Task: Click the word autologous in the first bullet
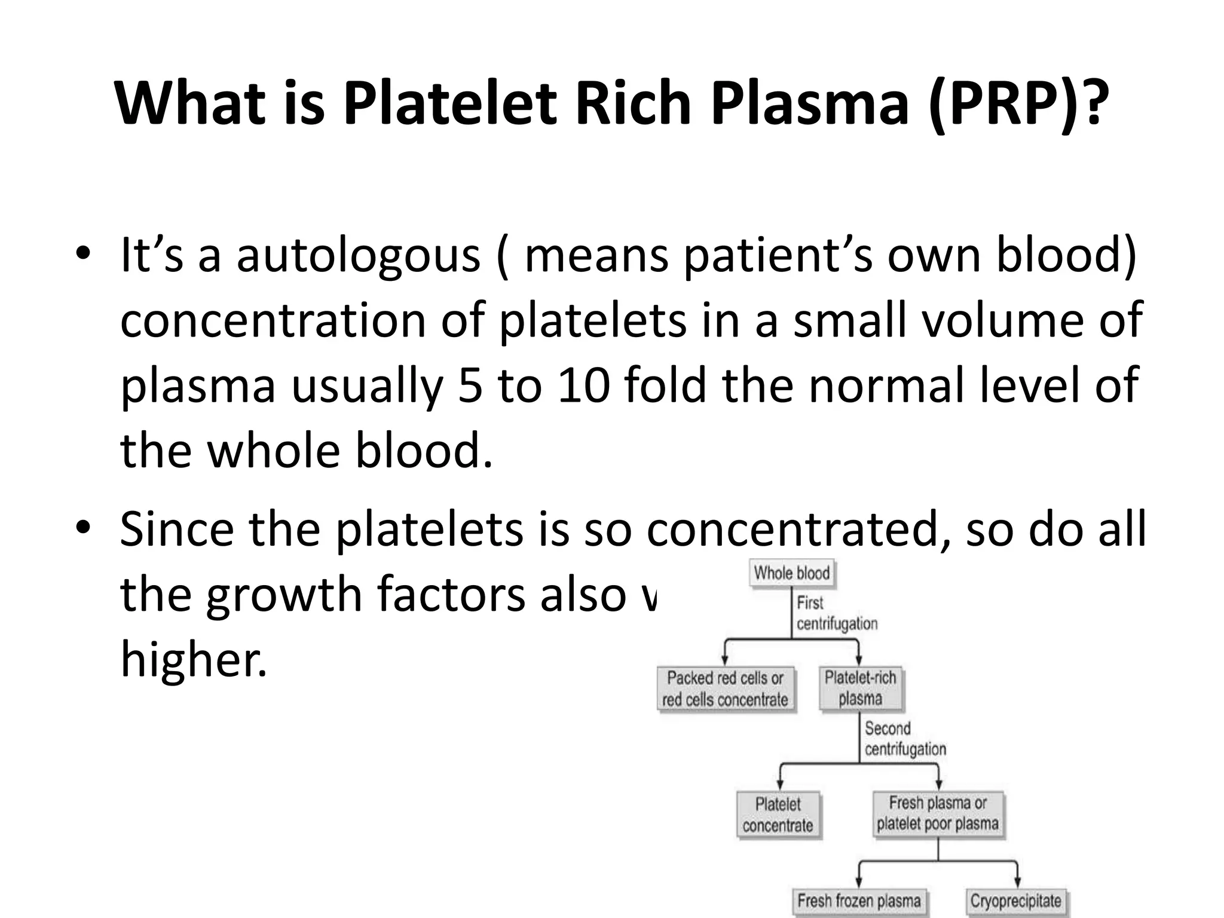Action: tap(358, 256)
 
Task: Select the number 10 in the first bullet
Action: tap(583, 385)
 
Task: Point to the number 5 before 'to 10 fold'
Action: tap(470, 385)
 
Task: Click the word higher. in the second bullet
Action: tap(193, 659)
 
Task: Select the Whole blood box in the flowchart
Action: tap(791, 573)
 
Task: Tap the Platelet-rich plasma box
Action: tap(860, 688)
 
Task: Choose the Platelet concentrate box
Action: tap(778, 815)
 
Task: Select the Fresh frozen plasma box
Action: tap(859, 901)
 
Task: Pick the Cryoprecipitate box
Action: tap(1015, 901)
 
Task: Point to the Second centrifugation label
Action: tap(904, 739)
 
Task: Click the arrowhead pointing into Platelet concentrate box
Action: tap(779, 785)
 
